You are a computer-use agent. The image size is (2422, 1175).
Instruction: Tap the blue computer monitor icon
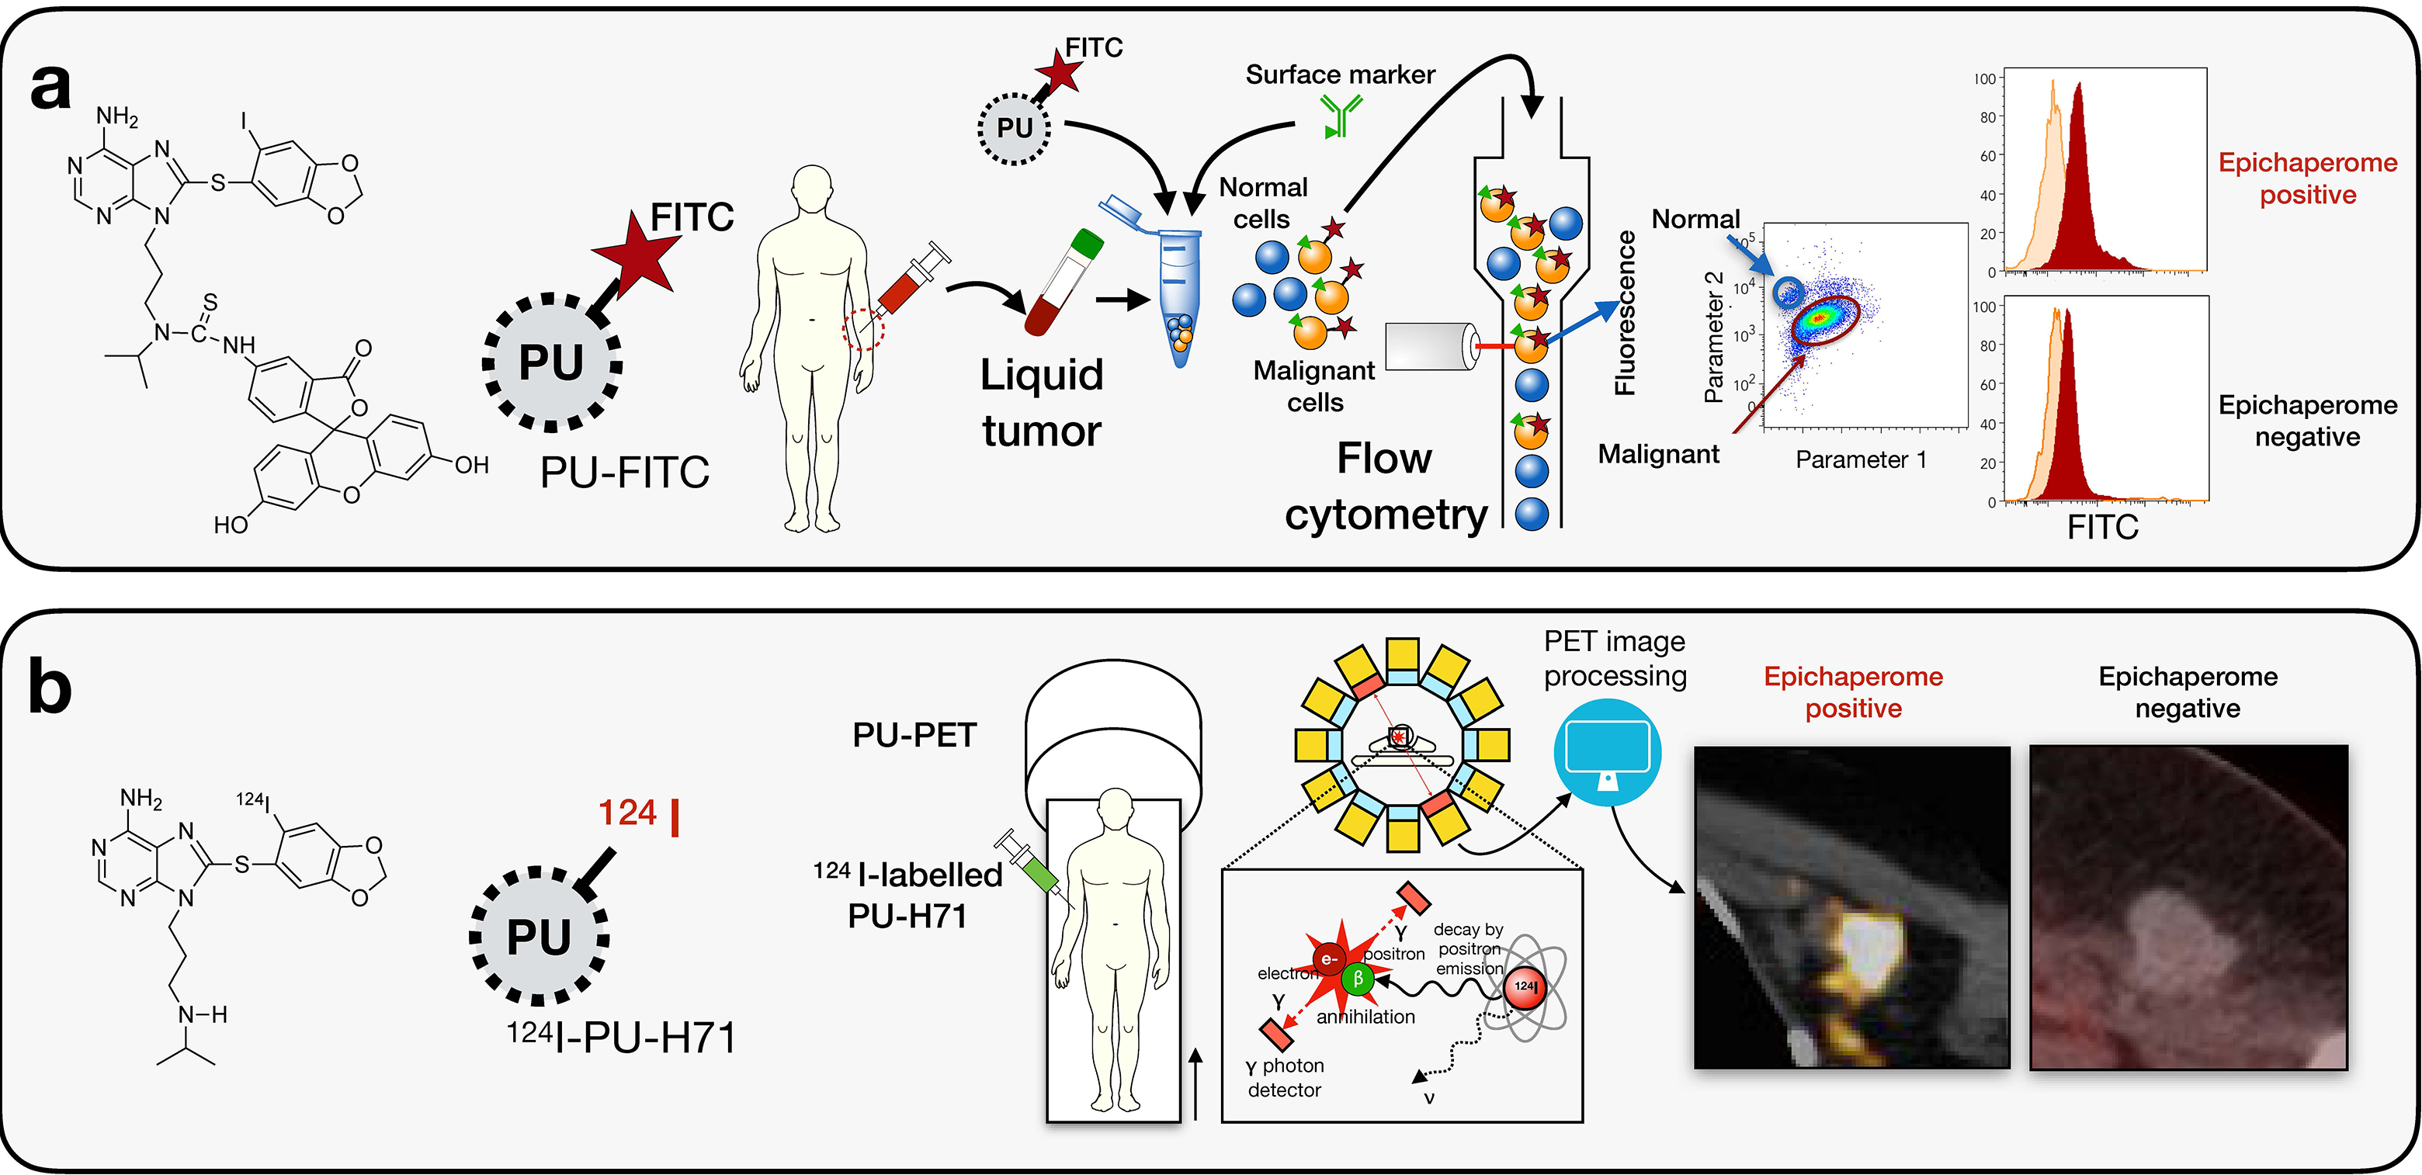point(1607,752)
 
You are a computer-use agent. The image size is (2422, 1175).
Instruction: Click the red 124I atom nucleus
point(1524,987)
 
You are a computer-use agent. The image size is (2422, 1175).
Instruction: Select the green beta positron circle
point(1358,979)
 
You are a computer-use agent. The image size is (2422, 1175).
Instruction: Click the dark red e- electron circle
point(1328,958)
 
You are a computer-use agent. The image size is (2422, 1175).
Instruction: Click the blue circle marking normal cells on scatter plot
point(1787,293)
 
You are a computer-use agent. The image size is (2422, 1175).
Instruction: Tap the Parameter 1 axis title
point(1860,459)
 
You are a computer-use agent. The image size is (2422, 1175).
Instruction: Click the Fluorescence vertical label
point(1626,313)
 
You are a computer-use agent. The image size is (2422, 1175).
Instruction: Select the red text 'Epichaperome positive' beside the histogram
point(2307,179)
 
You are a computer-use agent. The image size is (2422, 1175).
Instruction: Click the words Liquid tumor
point(1042,402)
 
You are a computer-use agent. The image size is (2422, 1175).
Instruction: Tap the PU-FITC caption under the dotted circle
point(624,472)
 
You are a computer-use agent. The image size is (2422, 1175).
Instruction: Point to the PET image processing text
point(1615,658)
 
